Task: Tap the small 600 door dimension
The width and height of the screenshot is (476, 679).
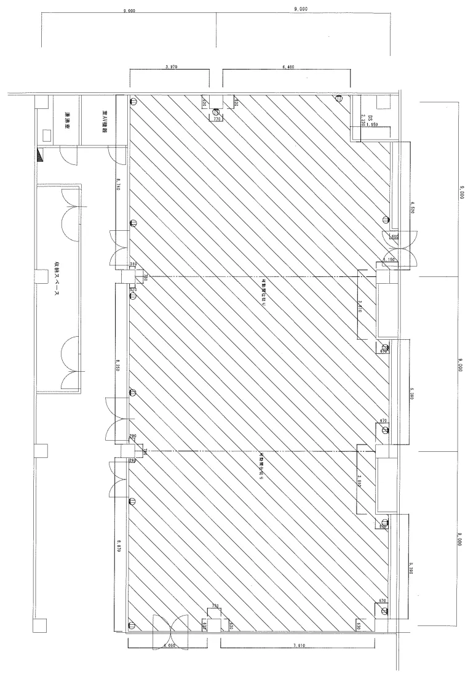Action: click(x=394, y=236)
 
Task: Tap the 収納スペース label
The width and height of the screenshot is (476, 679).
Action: click(x=56, y=281)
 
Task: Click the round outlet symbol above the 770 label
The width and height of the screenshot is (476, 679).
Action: click(x=216, y=111)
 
